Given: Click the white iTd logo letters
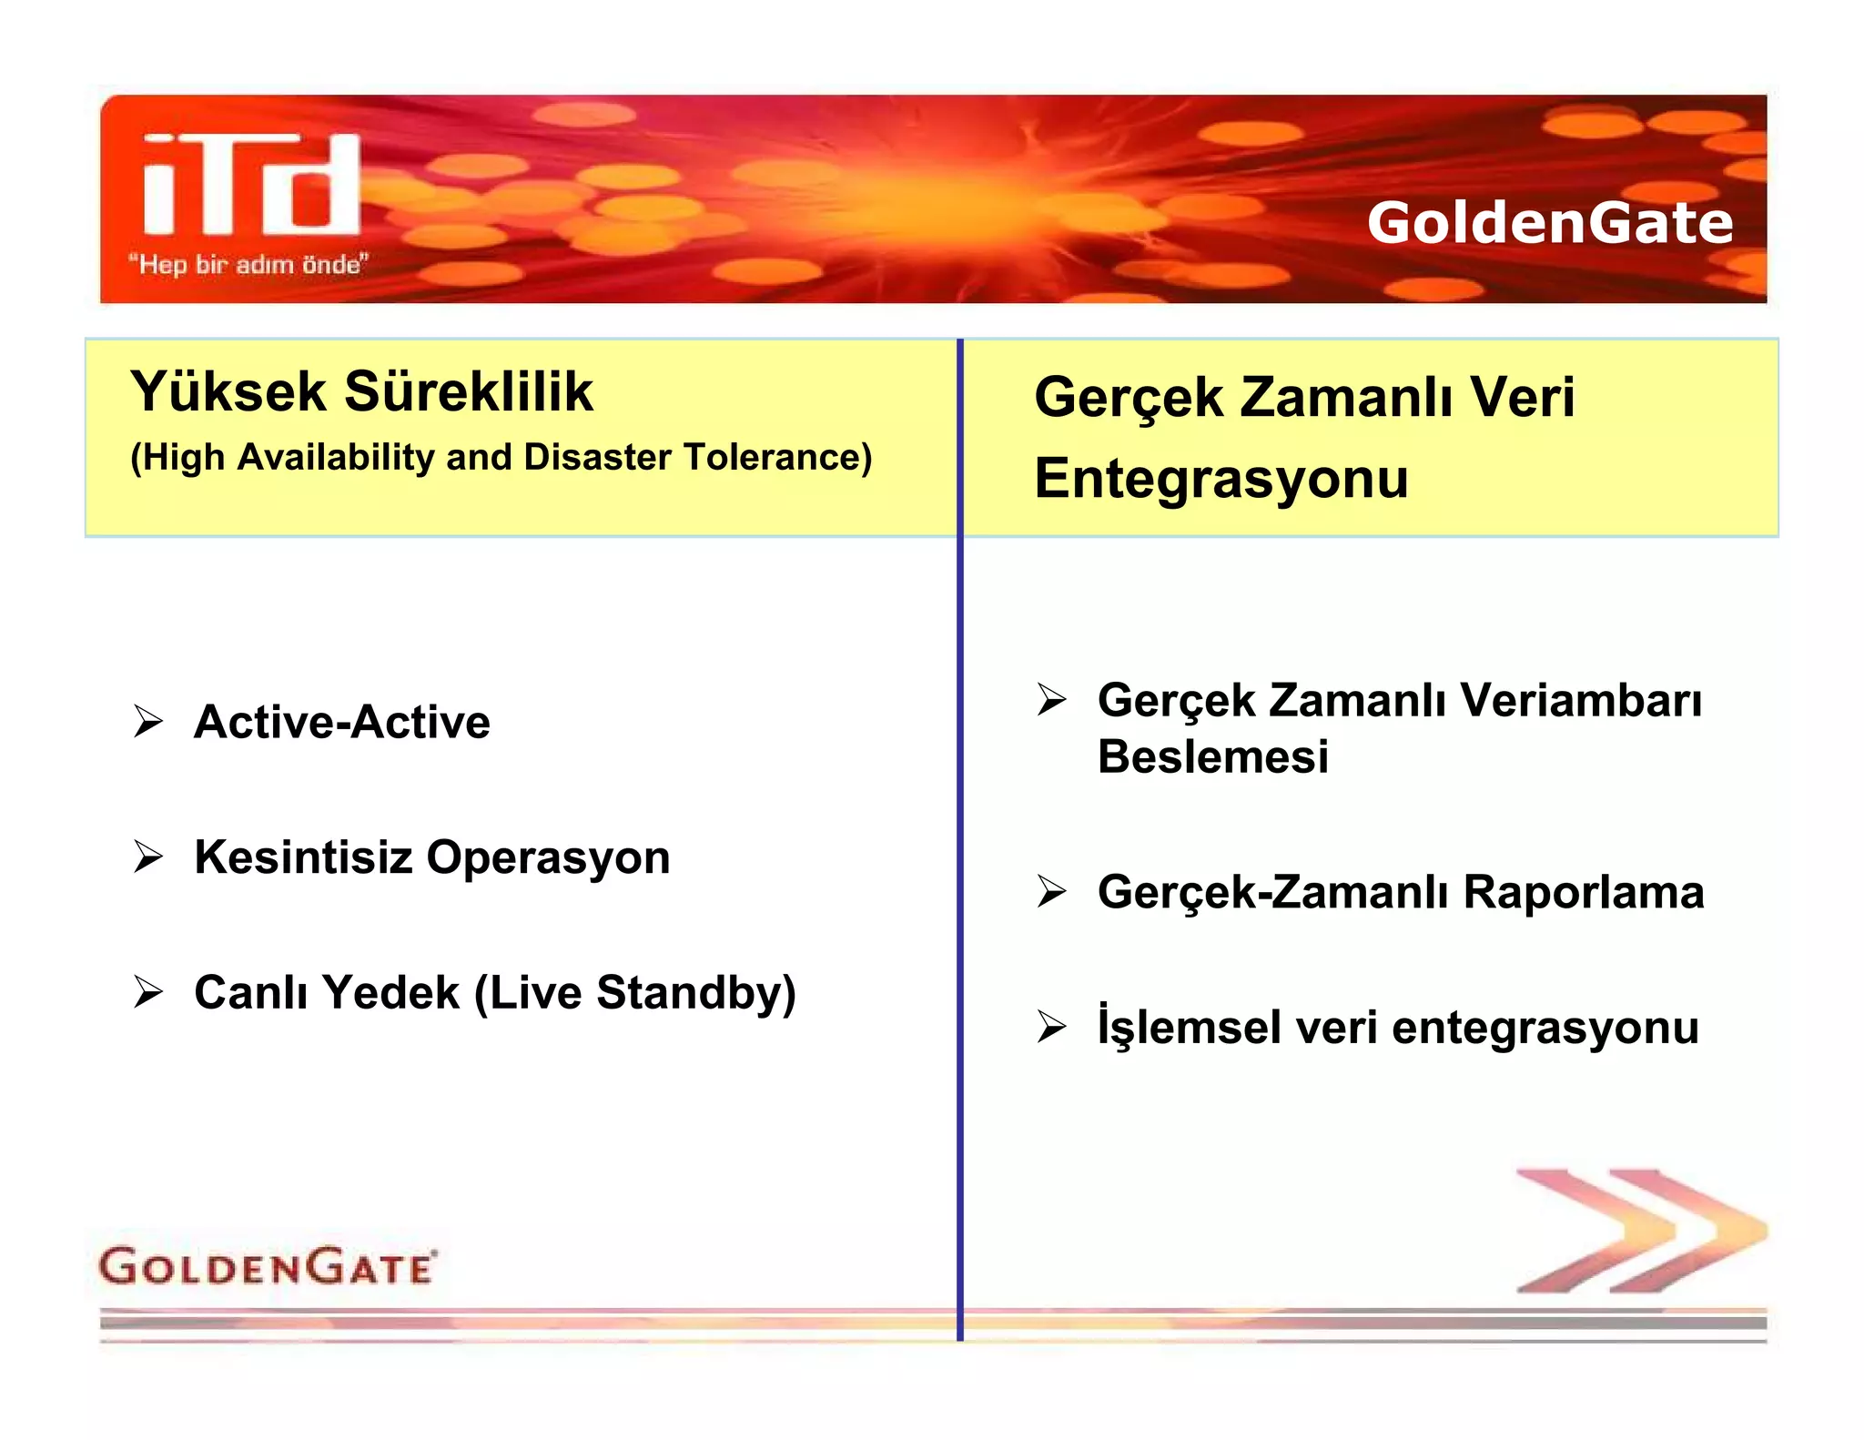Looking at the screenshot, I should point(252,185).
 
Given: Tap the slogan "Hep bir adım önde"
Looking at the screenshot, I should point(248,265).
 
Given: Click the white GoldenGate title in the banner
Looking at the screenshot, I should point(1549,223).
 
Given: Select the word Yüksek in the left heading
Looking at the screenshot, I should point(228,392).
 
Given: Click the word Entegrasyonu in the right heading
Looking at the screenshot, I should point(1221,479).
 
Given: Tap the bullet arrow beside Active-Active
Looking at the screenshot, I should point(148,722).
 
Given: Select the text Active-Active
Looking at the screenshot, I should point(341,723).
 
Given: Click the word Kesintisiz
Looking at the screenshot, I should point(302,857).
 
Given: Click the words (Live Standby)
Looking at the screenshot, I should point(634,993).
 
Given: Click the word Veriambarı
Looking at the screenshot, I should point(1580,701).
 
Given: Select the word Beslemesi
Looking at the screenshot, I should point(1212,757).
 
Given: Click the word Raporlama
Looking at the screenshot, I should point(1583,892).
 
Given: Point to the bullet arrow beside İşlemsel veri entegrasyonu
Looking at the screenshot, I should point(1051,1028).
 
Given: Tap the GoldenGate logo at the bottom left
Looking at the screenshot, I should point(267,1266).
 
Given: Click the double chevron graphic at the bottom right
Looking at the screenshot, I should point(1639,1231).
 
